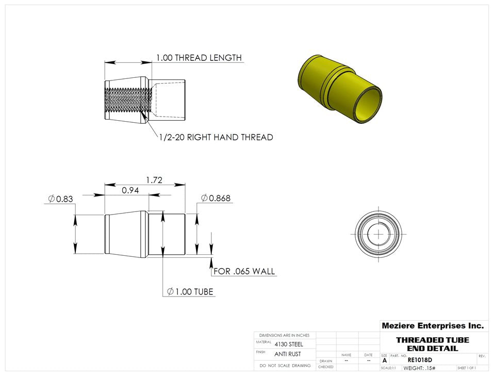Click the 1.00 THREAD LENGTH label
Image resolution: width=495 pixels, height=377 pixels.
point(199,58)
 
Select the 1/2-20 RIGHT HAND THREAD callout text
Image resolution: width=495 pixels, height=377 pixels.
point(216,137)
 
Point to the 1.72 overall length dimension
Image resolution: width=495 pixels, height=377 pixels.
point(154,180)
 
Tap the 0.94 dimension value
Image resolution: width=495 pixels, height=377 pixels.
point(130,190)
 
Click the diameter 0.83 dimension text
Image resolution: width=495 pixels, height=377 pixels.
point(60,199)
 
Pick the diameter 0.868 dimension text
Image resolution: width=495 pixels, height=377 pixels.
point(216,198)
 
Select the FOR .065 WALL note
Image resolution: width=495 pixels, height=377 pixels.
point(244,271)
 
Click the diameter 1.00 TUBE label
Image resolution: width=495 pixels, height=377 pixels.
point(190,292)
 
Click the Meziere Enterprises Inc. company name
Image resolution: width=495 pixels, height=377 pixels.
point(432,326)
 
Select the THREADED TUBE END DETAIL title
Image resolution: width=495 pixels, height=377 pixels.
point(432,344)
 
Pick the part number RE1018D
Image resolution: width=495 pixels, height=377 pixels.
point(420,360)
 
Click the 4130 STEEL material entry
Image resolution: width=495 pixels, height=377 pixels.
point(289,344)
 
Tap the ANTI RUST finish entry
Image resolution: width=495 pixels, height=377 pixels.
point(287,354)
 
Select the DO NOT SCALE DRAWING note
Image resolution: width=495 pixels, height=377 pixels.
point(285,365)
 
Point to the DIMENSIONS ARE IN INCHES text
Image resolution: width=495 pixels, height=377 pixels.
point(284,335)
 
